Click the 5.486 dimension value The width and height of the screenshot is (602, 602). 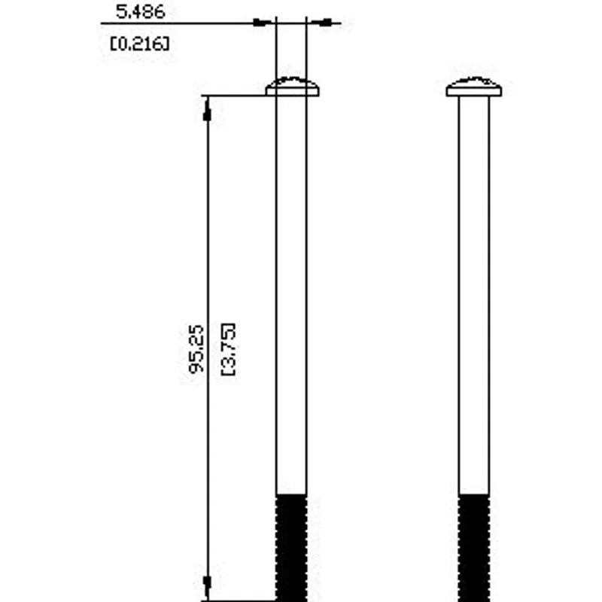pyautogui.click(x=141, y=11)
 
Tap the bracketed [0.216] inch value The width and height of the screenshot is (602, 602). pyautogui.click(x=140, y=44)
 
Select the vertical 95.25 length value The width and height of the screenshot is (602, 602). pyautogui.click(x=196, y=349)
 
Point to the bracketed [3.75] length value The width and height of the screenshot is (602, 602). pyautogui.click(x=229, y=349)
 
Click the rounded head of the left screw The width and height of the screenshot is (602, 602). pyautogui.click(x=293, y=87)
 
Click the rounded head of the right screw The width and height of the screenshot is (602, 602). pyautogui.click(x=474, y=87)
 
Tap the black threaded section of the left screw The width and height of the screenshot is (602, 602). pyautogui.click(x=291, y=548)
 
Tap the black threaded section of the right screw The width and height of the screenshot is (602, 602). pyautogui.click(x=474, y=548)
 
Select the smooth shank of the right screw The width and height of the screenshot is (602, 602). pyautogui.click(x=474, y=295)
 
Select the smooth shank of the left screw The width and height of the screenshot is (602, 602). pyautogui.click(x=291, y=295)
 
